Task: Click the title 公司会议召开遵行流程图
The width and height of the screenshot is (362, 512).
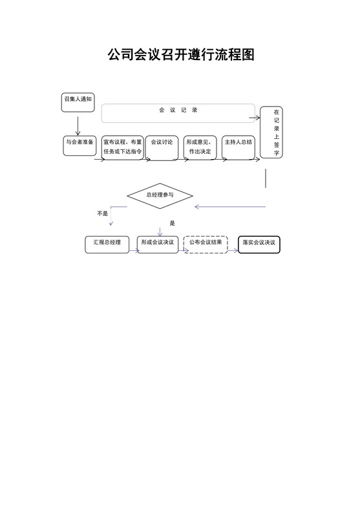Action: tap(181, 54)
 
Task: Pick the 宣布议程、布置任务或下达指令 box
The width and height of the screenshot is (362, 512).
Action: tap(123, 147)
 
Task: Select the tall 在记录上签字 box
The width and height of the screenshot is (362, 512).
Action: tap(271, 133)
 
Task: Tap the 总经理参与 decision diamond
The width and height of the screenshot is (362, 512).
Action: tap(160, 195)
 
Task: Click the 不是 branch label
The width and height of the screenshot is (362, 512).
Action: tap(102, 213)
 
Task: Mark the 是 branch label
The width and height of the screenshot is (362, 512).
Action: tap(172, 223)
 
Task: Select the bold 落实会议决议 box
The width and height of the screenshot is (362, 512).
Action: tap(259, 244)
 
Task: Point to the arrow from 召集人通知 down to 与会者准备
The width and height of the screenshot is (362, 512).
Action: tap(78, 124)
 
